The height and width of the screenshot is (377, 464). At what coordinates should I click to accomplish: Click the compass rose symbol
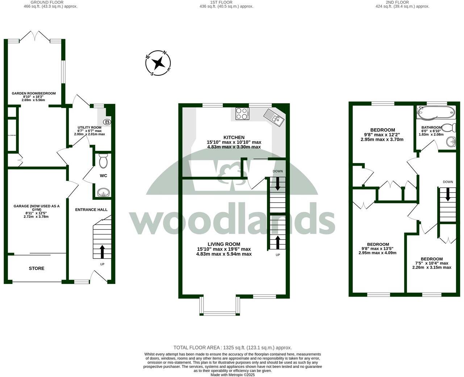click(158, 63)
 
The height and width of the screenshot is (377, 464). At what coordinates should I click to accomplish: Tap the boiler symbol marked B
click(107, 122)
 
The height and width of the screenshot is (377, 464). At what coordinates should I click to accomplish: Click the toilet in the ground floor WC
click(103, 161)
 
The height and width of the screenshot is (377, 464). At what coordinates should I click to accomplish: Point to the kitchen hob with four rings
click(242, 114)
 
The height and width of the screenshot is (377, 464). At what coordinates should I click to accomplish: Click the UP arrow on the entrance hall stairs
click(102, 251)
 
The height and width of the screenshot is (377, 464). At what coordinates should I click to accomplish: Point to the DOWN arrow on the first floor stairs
click(278, 183)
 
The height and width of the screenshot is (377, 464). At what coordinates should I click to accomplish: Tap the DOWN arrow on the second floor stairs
click(448, 194)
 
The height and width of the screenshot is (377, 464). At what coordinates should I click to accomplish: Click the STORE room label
click(37, 269)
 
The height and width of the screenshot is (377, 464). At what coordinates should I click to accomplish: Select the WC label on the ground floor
click(103, 176)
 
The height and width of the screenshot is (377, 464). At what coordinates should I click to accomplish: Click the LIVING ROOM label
click(224, 244)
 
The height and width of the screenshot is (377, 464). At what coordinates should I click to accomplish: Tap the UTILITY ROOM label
click(89, 128)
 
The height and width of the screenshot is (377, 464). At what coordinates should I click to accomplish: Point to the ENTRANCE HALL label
click(91, 210)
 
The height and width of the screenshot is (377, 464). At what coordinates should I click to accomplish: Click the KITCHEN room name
click(234, 137)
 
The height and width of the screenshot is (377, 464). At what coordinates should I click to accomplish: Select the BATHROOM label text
click(431, 128)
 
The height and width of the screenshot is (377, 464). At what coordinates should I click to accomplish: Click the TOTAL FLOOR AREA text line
click(233, 347)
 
